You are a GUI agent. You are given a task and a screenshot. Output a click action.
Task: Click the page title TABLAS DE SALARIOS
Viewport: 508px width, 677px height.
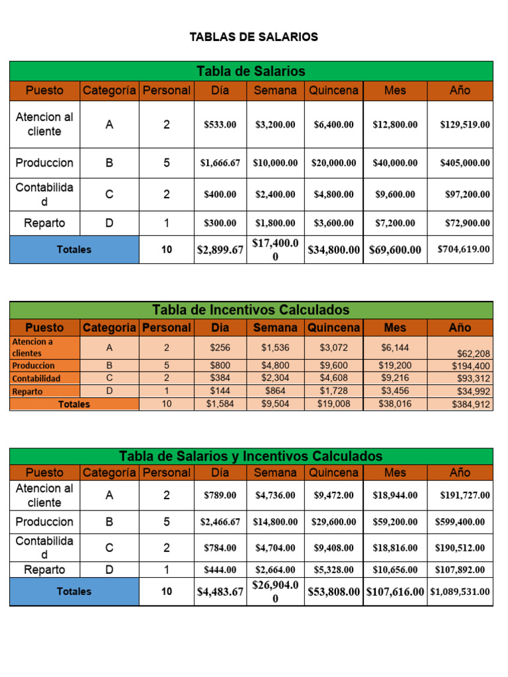(x=253, y=37)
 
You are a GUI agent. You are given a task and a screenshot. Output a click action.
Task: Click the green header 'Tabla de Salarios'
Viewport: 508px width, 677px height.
(x=251, y=71)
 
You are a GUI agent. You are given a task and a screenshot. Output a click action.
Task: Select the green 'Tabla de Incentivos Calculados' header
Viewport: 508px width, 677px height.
(x=251, y=310)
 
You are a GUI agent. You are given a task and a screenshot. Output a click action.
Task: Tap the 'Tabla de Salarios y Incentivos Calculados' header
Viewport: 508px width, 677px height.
(x=251, y=456)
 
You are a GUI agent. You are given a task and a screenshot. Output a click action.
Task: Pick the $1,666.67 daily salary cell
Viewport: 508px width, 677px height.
(x=220, y=163)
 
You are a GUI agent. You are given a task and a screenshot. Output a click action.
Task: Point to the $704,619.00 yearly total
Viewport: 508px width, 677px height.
(x=464, y=249)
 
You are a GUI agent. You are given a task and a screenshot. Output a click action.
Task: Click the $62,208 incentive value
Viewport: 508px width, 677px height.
(x=471, y=354)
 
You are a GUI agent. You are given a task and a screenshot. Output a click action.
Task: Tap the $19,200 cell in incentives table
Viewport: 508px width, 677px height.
(x=395, y=365)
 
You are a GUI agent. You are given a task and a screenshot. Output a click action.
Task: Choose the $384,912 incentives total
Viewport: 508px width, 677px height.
(x=471, y=405)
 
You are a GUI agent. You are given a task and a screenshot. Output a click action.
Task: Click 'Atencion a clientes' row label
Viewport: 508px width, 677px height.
(x=33, y=347)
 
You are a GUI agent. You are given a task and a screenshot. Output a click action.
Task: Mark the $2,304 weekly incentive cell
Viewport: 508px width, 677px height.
(x=275, y=378)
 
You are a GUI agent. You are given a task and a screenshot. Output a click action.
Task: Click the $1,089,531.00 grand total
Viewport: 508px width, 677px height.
(x=460, y=592)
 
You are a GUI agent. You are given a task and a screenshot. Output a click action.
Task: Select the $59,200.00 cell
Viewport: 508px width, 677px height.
(x=395, y=522)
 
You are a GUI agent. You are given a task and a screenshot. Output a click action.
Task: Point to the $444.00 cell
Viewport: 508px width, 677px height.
(x=220, y=569)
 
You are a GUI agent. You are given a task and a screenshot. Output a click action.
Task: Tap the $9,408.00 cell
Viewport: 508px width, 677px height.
(x=334, y=548)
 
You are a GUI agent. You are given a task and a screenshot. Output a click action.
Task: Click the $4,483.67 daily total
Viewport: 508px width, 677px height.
(x=220, y=592)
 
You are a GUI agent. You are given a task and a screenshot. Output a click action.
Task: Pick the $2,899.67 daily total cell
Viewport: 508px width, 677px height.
(x=220, y=250)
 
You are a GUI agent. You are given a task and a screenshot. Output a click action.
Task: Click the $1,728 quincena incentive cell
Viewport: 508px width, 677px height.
(x=334, y=391)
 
